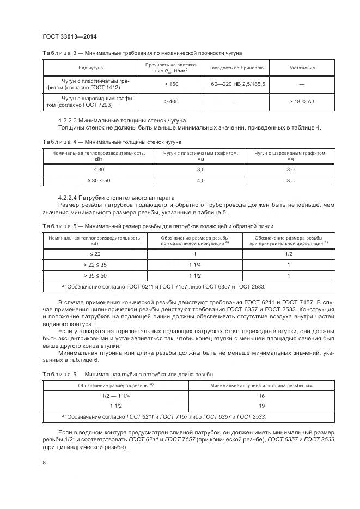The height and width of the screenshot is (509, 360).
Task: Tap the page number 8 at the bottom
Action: pyautogui.click(x=44, y=462)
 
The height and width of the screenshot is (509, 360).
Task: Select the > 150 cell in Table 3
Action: pyautogui.click(x=171, y=84)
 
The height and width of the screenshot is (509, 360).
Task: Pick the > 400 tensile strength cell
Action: pyautogui.click(x=171, y=102)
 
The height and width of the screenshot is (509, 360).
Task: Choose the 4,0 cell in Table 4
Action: pyautogui.click(x=200, y=180)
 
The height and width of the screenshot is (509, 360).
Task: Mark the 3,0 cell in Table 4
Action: pyautogui.click(x=290, y=170)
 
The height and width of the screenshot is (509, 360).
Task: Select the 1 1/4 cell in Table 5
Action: pyautogui.click(x=194, y=265)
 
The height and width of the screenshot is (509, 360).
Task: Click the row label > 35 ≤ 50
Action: pyautogui.click(x=95, y=275)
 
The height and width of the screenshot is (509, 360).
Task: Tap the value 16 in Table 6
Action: pyautogui.click(x=261, y=396)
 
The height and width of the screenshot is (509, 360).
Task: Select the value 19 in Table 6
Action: pyautogui.click(x=261, y=406)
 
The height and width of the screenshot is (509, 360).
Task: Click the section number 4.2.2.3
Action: pyautogui.click(x=68, y=120)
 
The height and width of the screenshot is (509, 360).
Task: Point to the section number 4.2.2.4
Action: pyautogui.click(x=68, y=197)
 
